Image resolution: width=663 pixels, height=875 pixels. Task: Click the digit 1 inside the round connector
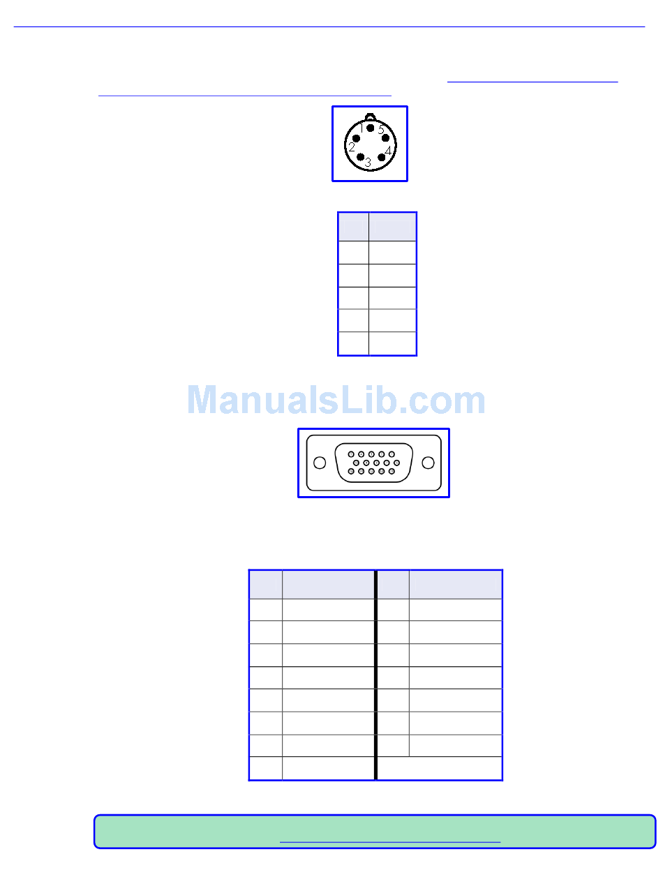pyautogui.click(x=362, y=126)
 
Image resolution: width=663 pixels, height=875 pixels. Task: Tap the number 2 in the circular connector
pyautogui.click(x=352, y=147)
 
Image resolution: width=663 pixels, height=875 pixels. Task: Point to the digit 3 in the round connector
pyautogui.click(x=368, y=163)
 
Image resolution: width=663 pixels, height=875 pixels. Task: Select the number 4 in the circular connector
pyautogui.click(x=387, y=149)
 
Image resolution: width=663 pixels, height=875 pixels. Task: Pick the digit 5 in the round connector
pyautogui.click(x=380, y=129)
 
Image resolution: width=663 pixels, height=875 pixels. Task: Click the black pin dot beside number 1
pyautogui.click(x=371, y=128)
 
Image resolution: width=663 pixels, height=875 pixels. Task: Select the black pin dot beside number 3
pyautogui.click(x=360, y=157)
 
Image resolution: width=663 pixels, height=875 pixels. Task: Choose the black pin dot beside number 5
pyautogui.click(x=385, y=138)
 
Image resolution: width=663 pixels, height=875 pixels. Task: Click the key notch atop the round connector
pyautogui.click(x=371, y=117)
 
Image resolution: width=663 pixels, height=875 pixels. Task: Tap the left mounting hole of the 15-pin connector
pyautogui.click(x=319, y=463)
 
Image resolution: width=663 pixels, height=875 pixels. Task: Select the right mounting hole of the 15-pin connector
pyautogui.click(x=429, y=463)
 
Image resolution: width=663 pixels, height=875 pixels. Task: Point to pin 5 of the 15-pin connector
pyautogui.click(x=392, y=454)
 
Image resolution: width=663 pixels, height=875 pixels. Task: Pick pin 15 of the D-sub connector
pyautogui.click(x=392, y=472)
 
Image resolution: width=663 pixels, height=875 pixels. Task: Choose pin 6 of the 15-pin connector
pyautogui.click(x=356, y=463)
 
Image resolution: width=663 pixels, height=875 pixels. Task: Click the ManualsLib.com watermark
pyautogui.click(x=336, y=401)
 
